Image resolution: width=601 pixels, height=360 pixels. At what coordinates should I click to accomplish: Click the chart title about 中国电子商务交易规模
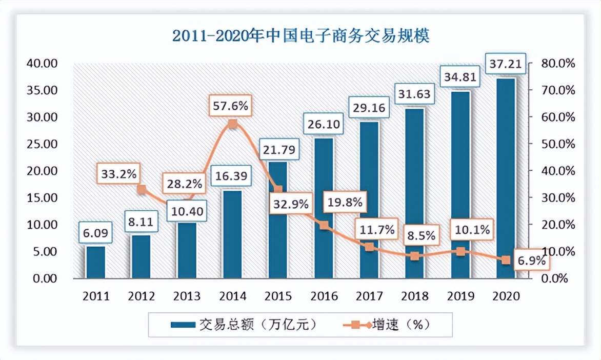pyautogui.click(x=300, y=36)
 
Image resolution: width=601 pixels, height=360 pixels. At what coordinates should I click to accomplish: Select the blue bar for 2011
pyautogui.click(x=95, y=263)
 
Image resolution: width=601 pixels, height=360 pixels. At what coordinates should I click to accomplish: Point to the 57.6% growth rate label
pyautogui.click(x=230, y=107)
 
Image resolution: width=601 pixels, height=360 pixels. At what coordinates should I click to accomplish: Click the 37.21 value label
pyautogui.click(x=506, y=65)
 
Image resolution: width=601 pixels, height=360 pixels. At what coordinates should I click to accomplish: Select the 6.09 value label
pyautogui.click(x=95, y=233)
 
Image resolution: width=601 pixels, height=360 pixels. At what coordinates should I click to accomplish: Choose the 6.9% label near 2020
pyautogui.click(x=531, y=261)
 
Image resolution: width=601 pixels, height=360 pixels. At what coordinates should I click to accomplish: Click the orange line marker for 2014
pyautogui.click(x=232, y=124)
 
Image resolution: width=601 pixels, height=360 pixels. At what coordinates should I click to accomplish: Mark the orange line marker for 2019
pyautogui.click(x=460, y=251)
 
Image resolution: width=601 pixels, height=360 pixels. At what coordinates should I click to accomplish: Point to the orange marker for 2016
pyautogui.click(x=324, y=225)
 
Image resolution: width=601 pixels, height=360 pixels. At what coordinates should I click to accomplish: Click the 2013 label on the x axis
pyautogui.click(x=187, y=296)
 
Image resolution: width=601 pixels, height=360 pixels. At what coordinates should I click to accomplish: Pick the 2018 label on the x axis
pyautogui.click(x=414, y=296)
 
